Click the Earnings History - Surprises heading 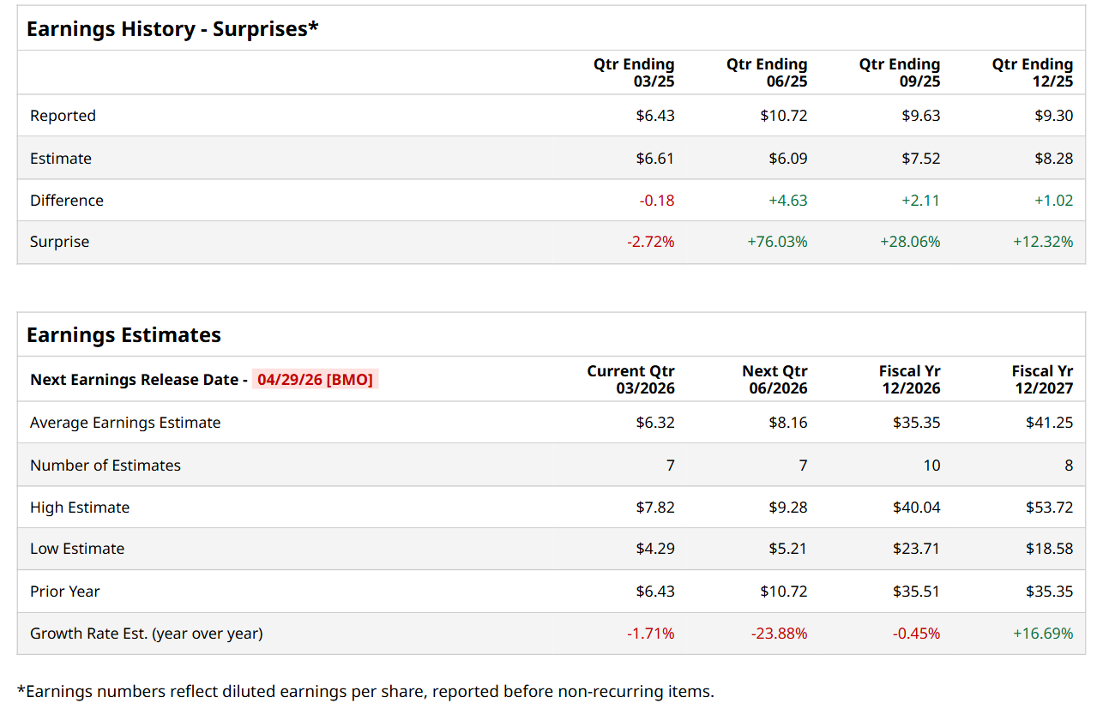point(172,29)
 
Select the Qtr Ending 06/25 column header point(767,73)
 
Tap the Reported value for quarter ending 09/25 point(920,116)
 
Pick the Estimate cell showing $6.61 point(655,159)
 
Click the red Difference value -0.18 point(657,201)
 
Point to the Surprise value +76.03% point(777,242)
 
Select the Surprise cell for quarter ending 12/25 point(1043,242)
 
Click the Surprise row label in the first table point(59,242)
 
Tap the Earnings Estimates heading point(124,335)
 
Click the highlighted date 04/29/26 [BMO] point(315,380)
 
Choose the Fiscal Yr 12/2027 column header point(1042,380)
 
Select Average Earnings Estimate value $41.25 point(1049,423)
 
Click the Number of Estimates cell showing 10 point(931,466)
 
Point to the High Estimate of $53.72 point(1049,508)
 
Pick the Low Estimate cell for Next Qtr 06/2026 point(787,549)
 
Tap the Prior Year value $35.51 point(916,592)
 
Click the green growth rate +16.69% point(1043,634)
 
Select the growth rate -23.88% point(779,634)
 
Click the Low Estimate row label point(77,549)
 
